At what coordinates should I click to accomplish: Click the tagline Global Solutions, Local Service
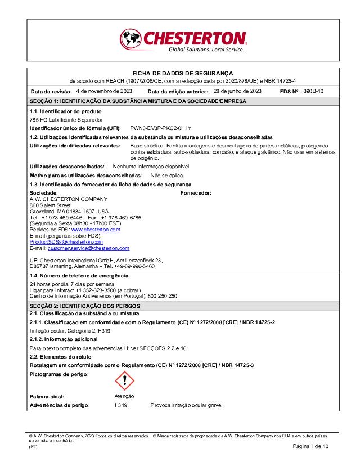206,50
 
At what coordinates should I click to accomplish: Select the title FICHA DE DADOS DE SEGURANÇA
182,73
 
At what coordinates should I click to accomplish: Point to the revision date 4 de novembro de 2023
104,91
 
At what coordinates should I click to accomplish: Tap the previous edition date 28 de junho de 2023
237,91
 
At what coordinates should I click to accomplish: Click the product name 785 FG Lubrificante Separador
66,120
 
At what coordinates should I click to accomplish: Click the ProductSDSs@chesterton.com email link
66,241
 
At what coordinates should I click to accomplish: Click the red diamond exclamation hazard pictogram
124,381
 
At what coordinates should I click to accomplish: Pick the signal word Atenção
124,396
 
